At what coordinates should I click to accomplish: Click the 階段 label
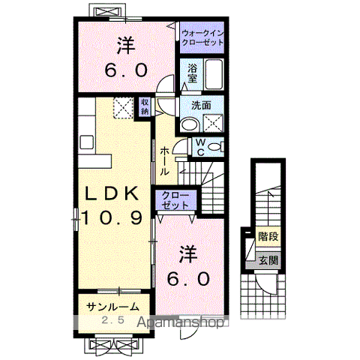click(x=268, y=236)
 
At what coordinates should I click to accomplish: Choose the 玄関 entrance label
click(x=268, y=260)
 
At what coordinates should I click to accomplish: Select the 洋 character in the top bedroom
click(x=125, y=46)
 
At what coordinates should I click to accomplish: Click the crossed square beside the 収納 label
click(x=122, y=107)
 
